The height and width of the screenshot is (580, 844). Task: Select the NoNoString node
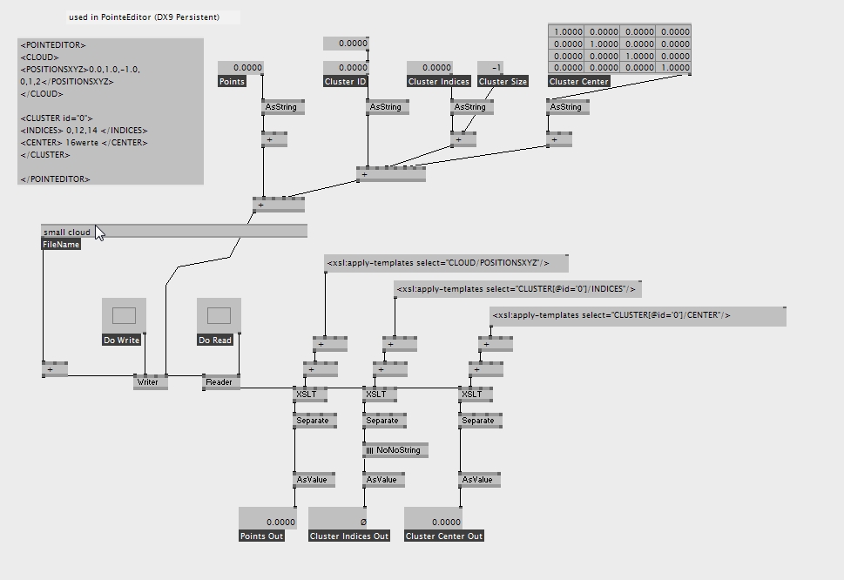(395, 450)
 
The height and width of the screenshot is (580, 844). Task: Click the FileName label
(62, 245)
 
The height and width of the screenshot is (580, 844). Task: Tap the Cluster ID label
(346, 82)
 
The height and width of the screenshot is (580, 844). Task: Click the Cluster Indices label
(439, 82)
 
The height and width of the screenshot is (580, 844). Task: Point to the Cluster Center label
(578, 82)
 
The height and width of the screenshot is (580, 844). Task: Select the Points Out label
(262, 536)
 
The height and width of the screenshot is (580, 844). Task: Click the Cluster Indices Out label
(349, 536)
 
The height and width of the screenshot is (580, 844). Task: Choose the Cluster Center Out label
(444, 536)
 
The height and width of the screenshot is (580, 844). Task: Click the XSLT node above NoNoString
(376, 395)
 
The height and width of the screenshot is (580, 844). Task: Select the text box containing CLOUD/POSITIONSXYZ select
(446, 263)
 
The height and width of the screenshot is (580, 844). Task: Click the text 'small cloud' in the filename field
(67, 233)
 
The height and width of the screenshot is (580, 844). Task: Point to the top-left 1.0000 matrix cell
(567, 31)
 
